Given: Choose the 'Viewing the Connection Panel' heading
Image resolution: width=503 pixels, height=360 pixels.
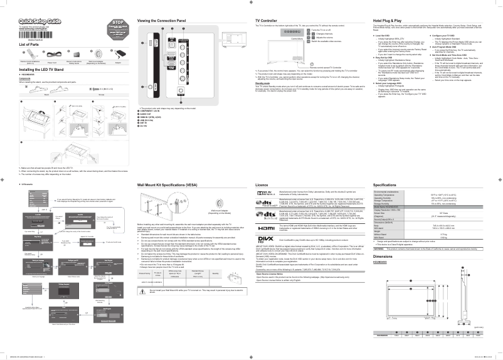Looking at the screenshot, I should point(161,21).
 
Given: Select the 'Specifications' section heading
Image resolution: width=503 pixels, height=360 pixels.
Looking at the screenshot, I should point(385,186).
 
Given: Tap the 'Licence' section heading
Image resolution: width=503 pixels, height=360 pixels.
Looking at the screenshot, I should point(262,186).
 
